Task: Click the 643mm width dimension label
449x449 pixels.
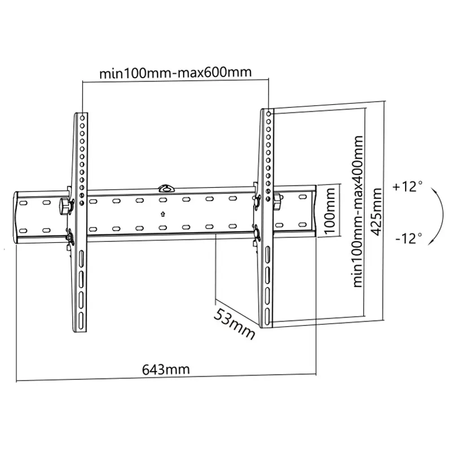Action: tap(166, 370)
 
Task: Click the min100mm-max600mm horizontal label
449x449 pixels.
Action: tap(175, 72)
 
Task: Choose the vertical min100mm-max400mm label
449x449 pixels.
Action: tap(358, 211)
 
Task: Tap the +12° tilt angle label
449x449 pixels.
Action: tap(407, 187)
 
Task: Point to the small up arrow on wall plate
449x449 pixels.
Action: tap(163, 214)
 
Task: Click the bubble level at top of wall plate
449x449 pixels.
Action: tap(165, 188)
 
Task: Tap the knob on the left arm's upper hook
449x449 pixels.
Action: tap(65, 205)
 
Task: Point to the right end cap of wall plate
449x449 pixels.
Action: tap(314, 211)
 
